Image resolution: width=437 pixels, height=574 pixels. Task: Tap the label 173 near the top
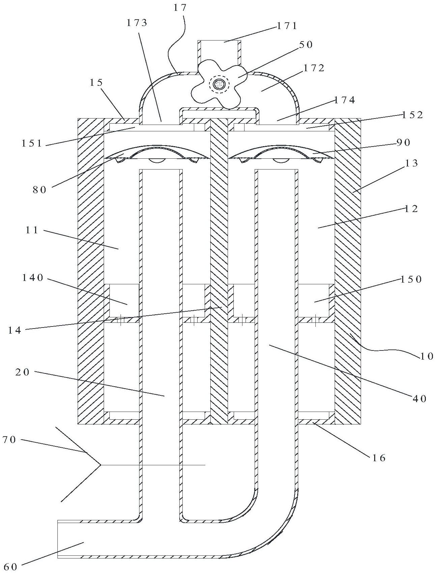137,23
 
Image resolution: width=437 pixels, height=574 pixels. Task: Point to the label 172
314,68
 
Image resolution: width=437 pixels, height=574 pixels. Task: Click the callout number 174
345,100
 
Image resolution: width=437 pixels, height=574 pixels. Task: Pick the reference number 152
412,115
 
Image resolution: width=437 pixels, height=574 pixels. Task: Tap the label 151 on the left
32,143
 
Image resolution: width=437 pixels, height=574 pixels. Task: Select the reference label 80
40,190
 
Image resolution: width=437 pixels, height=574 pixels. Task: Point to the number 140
33,278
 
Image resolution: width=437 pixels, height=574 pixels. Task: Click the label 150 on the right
411,279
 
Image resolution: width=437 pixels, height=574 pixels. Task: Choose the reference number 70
9,440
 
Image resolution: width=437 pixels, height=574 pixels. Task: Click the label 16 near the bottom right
379,458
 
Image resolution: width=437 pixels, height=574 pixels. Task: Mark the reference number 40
419,399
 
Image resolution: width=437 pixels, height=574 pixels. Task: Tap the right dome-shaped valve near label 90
281,154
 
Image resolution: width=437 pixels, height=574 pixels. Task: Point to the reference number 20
23,372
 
